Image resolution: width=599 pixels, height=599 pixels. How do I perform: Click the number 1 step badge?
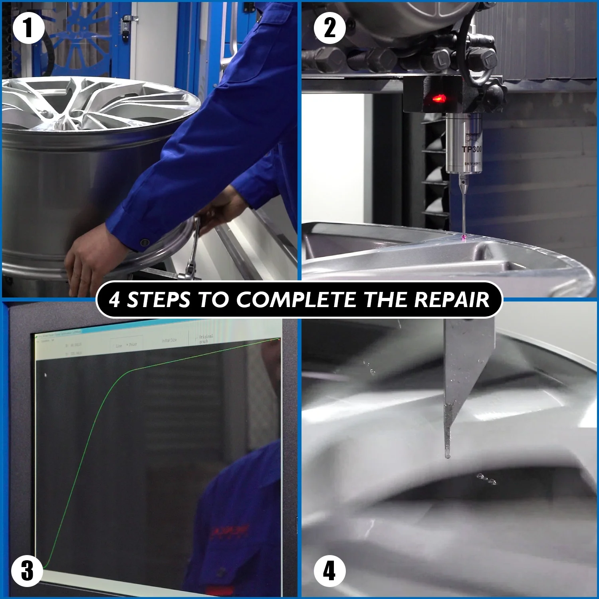pyautogui.click(x=28, y=28)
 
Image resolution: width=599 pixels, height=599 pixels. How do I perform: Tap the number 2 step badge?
pyautogui.click(x=329, y=28)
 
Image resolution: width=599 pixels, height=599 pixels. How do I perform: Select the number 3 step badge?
pyautogui.click(x=27, y=571)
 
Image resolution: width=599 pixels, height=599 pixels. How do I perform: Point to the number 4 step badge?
pyautogui.click(x=329, y=571)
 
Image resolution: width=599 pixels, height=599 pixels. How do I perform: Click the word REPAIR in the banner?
pyautogui.click(x=451, y=299)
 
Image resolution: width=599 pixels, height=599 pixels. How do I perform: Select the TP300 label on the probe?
pyautogui.click(x=472, y=149)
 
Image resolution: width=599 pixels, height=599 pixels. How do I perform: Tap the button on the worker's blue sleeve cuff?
pyautogui.click(x=145, y=242)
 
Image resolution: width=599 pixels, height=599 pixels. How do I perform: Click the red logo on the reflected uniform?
pyautogui.click(x=230, y=531)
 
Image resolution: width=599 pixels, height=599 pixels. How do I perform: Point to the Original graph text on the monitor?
pyautogui.click(x=206, y=339)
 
